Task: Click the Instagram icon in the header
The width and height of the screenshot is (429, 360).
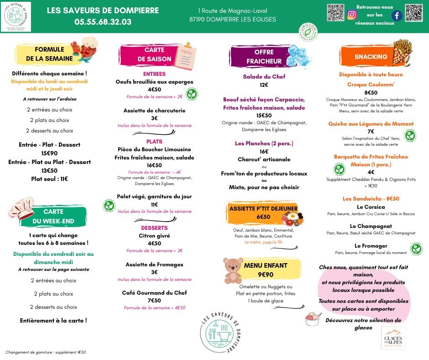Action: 351,15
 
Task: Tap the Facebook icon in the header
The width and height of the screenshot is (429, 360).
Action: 397,15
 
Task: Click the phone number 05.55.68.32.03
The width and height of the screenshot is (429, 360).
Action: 103,21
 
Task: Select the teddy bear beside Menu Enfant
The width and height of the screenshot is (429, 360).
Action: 233,271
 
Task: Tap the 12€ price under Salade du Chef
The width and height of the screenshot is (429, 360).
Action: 264,85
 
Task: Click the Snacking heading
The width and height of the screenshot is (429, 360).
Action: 371,57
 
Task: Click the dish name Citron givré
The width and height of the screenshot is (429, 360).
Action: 154,236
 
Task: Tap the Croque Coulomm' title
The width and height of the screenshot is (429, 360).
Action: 371,85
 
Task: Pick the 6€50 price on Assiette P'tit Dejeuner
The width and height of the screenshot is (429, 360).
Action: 263,217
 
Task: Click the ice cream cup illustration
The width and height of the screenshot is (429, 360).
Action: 314,318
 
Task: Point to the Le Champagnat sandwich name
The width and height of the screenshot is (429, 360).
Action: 371,226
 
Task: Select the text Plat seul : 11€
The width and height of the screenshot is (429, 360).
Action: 49,179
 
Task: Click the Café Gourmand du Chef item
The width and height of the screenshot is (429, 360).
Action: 154,293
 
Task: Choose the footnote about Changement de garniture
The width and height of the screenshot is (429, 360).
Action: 46,352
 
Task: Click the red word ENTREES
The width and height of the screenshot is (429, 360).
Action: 154,74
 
